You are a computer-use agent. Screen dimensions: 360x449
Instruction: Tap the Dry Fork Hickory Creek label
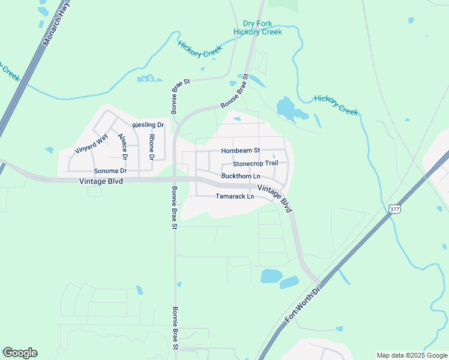258,28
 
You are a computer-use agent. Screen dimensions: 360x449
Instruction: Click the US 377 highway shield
394,209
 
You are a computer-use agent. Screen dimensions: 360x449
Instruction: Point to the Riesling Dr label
148,125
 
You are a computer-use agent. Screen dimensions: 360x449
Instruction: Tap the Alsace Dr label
122,146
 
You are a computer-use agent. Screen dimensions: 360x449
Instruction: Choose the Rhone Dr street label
152,147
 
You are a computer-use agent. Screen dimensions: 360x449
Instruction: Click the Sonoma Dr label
106,171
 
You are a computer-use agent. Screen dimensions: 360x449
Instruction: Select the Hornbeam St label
240,151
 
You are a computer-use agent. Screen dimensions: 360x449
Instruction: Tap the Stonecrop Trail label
255,163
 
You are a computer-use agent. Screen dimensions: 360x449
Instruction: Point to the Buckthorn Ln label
241,176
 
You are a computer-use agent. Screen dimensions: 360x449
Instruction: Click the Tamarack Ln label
235,196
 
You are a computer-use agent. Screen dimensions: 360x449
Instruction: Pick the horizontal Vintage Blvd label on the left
100,181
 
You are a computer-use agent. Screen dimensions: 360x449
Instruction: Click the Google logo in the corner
20,353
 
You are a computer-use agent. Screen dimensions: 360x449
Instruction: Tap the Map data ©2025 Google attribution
412,355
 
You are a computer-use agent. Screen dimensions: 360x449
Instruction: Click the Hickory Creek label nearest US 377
336,104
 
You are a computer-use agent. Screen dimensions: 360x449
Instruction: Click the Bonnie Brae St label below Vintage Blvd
174,208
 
